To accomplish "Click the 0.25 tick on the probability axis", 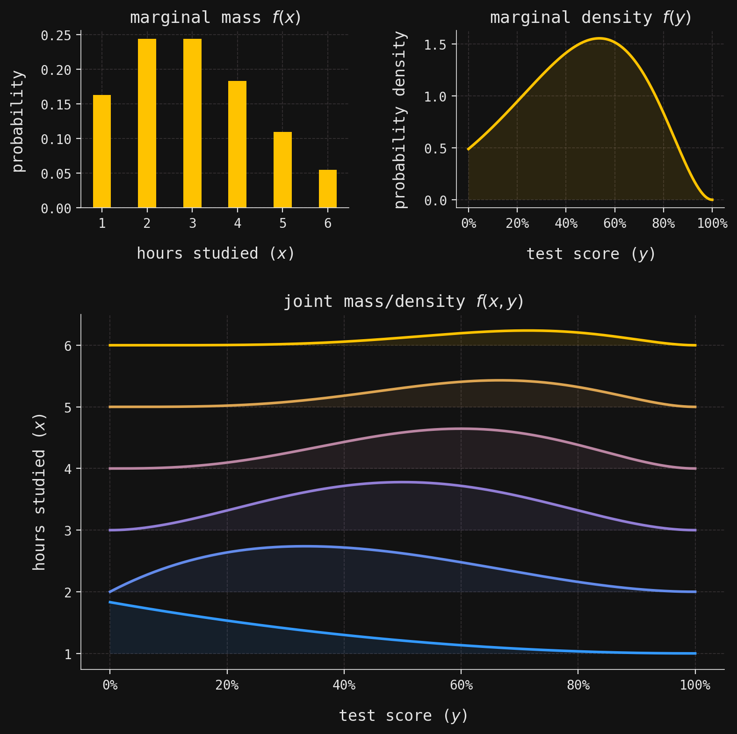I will tap(56, 36).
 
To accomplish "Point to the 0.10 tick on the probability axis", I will tap(56, 139).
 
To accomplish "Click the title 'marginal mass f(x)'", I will tap(215, 18).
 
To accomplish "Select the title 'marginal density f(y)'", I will tap(591, 18).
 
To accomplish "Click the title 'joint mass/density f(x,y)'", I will tap(403, 302).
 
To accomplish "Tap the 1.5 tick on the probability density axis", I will tap(435, 45).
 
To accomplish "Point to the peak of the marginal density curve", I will tap(599, 38).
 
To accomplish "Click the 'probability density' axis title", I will tap(401, 119).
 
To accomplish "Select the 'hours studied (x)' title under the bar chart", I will tap(215, 254).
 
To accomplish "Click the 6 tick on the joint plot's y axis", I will tap(68, 346).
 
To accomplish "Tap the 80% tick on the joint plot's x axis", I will tap(578, 686).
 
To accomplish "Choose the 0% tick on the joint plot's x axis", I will tap(110, 686).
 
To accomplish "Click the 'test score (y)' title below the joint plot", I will tap(403, 716).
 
